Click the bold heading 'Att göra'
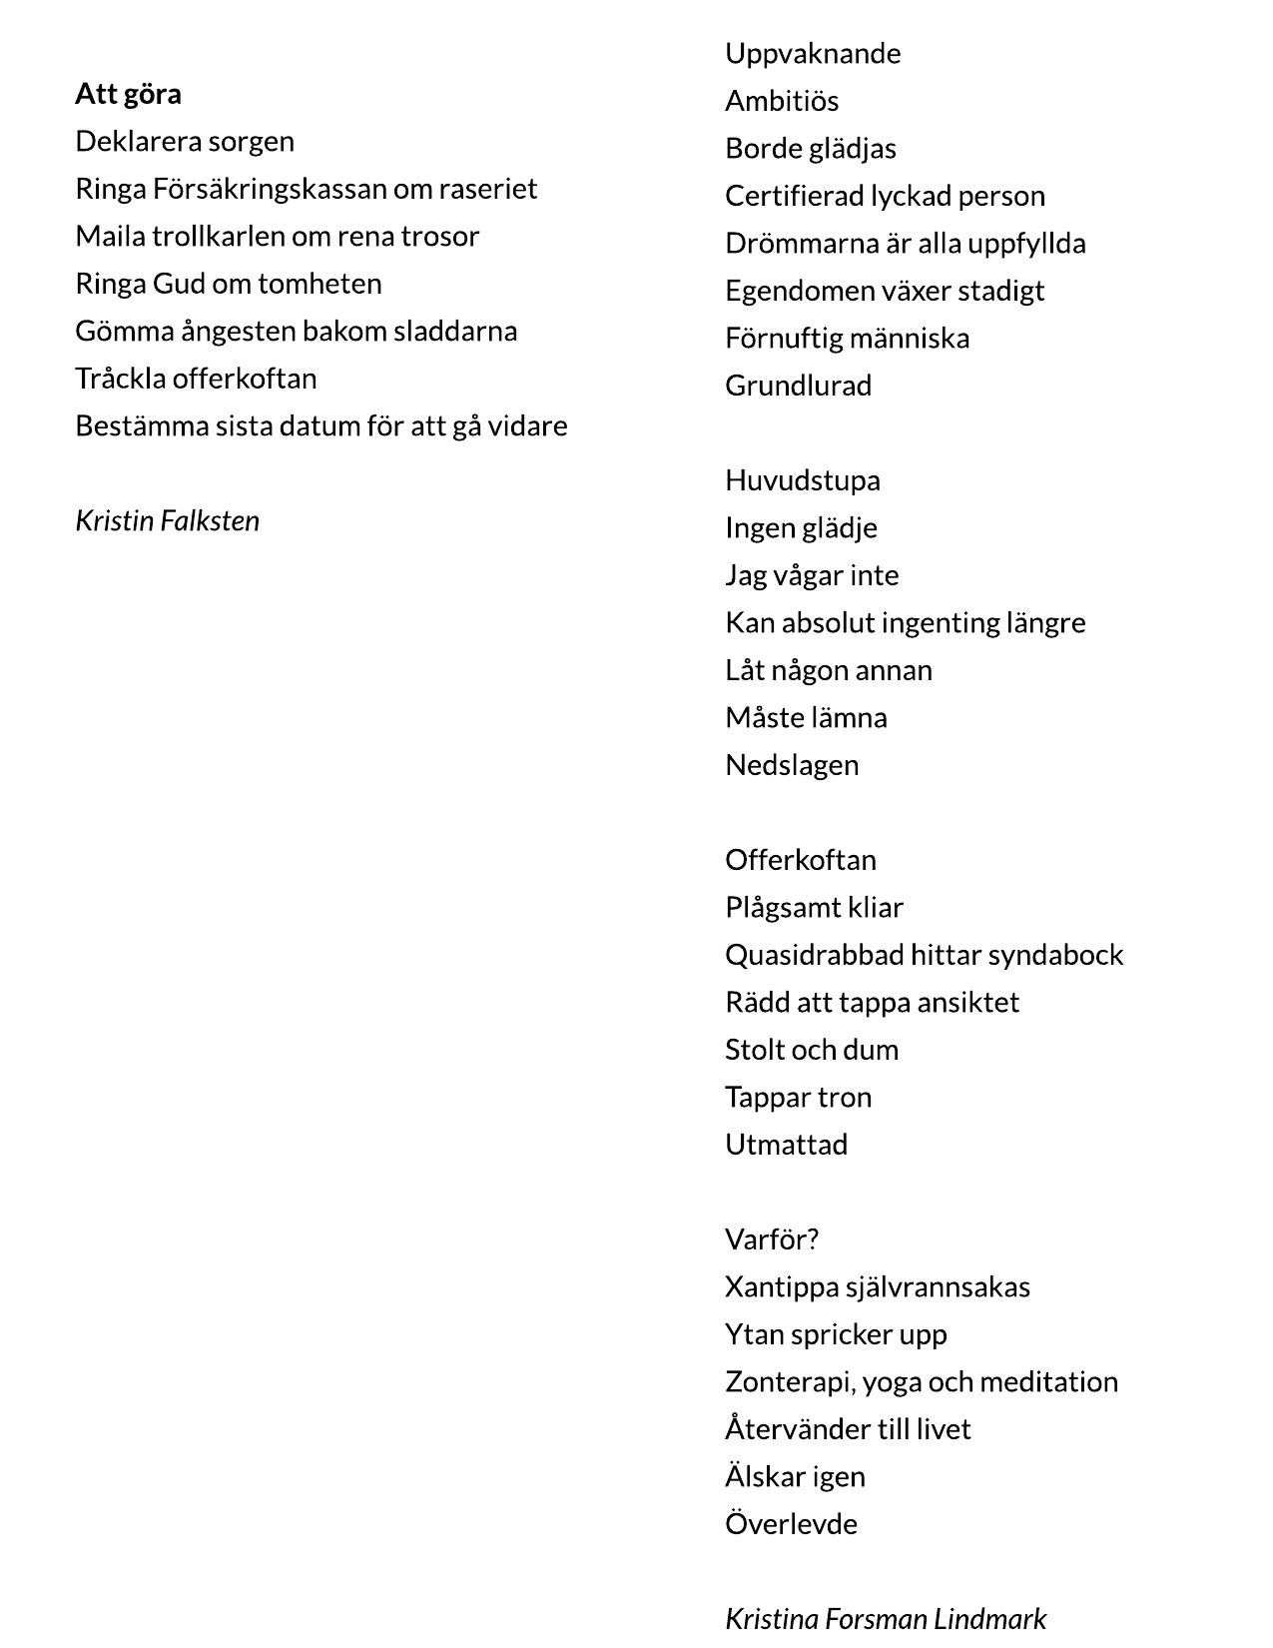point(128,94)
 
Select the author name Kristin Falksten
point(167,520)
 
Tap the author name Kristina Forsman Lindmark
point(886,1617)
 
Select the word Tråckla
point(120,379)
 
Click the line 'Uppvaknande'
point(813,53)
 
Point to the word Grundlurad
point(798,386)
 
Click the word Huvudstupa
point(803,480)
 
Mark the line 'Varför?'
point(772,1239)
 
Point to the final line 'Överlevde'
point(791,1524)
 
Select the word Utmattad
point(786,1145)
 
